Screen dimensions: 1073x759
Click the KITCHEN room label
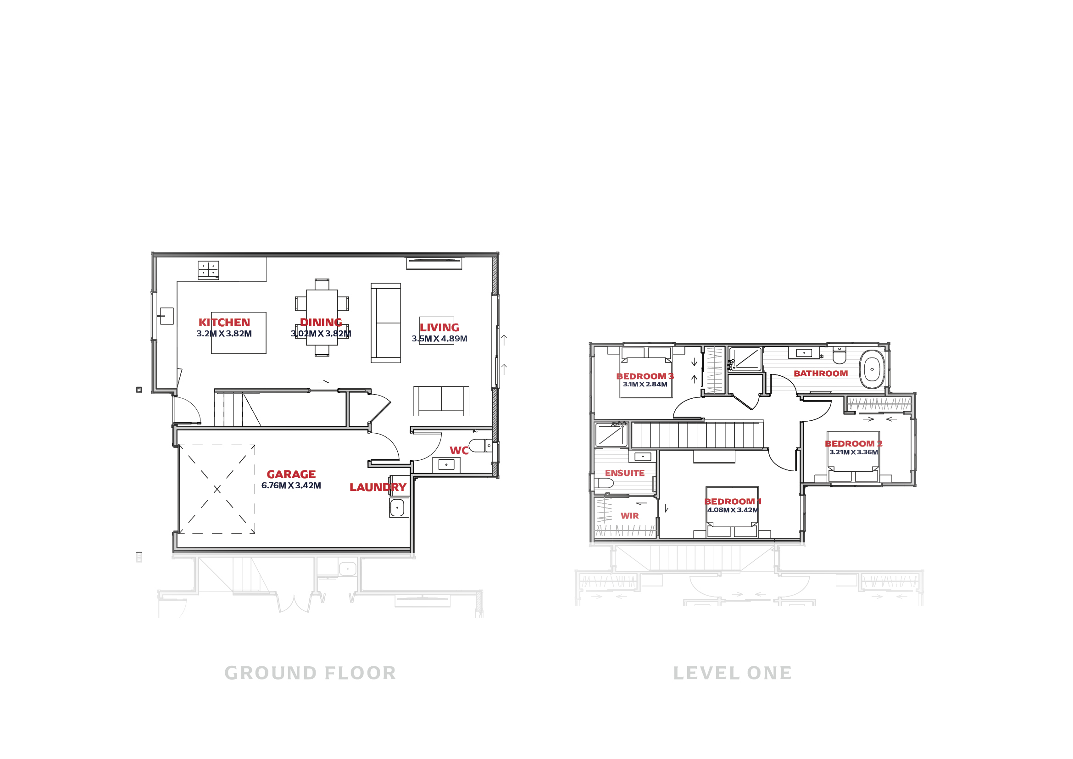[224, 323]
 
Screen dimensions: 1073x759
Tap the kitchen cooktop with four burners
[208, 270]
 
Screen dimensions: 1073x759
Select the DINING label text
[321, 323]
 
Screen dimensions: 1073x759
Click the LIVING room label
[439, 328]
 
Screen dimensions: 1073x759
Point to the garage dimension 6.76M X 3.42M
[291, 486]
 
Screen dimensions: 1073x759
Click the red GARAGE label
[291, 474]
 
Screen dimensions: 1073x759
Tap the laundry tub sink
[397, 507]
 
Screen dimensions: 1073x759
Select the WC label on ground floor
[459, 451]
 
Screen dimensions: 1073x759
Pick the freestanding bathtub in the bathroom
[872, 369]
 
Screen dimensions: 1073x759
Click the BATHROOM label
[821, 374]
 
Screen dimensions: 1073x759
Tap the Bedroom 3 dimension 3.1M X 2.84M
[645, 384]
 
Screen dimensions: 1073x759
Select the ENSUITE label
[625, 473]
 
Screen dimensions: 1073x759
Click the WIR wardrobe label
[629, 515]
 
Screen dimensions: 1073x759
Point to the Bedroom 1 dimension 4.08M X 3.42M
[733, 510]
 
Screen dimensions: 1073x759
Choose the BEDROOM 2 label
[853, 444]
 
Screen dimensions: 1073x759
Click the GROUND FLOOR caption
[310, 674]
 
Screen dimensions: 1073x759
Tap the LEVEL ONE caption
[732, 674]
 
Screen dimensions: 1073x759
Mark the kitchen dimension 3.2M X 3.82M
[224, 334]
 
